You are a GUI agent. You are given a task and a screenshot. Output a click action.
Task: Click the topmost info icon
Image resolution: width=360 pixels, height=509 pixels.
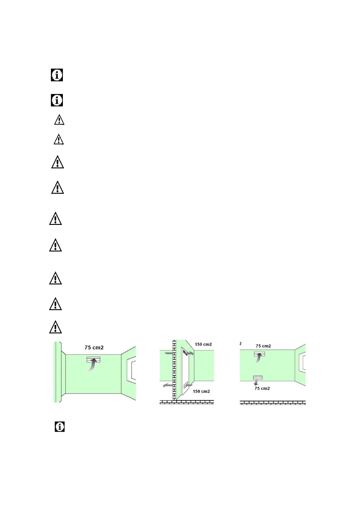tap(57, 75)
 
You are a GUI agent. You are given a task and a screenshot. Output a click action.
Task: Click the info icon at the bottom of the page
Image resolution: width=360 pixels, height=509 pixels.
tap(60, 426)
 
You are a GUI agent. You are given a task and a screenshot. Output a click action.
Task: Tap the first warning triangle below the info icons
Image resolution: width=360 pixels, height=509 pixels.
tap(59, 120)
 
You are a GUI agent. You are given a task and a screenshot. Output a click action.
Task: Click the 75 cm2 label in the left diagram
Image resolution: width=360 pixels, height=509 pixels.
tap(94, 347)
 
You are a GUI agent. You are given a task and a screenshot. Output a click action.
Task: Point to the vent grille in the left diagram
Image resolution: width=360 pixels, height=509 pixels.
tap(93, 359)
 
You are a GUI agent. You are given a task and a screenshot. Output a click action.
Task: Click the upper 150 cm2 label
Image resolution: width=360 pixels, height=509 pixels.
tap(203, 344)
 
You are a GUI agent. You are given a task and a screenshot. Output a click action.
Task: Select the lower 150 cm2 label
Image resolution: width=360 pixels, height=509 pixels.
tap(201, 391)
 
